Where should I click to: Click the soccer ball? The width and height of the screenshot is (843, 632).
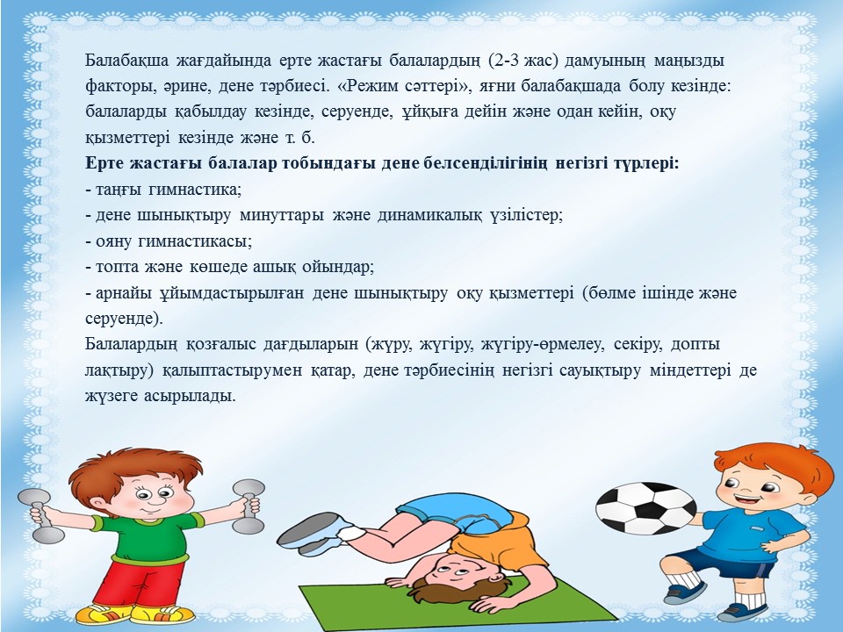coord(646,508)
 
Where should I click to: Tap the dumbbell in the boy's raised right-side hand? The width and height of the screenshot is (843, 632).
coord(249,506)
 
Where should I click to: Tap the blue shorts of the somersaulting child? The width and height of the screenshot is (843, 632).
coord(457,511)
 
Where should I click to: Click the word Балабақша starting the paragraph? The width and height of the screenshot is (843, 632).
coord(126,61)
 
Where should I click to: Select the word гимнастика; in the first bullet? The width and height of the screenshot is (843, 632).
coord(195,190)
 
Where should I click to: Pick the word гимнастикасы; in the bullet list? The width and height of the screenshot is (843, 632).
coord(195,241)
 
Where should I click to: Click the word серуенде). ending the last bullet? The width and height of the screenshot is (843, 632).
coord(124,318)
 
